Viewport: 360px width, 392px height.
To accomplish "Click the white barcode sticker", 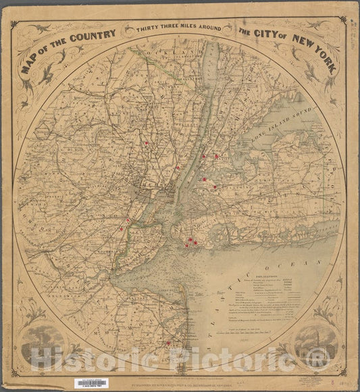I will (94, 383).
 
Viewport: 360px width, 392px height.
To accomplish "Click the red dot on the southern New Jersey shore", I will (168, 343).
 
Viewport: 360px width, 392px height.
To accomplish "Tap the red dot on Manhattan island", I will (178, 167).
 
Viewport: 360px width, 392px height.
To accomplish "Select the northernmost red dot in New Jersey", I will (146, 143).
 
